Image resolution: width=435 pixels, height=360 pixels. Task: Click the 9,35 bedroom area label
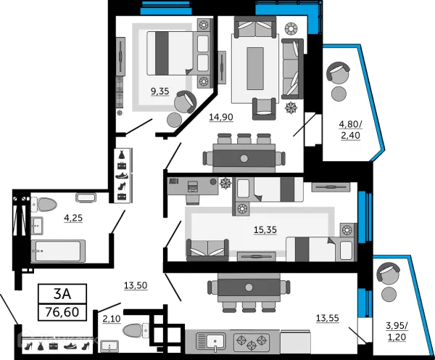159,91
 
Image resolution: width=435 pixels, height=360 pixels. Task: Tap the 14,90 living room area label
221,118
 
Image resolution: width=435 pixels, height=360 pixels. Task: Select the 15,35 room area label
265,230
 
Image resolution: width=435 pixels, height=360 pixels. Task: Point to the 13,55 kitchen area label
328,318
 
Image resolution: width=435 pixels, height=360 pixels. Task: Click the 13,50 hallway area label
136,285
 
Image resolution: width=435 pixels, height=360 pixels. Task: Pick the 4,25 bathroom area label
73,218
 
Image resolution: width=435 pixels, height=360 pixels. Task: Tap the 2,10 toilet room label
112,319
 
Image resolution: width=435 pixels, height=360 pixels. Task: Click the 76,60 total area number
62,312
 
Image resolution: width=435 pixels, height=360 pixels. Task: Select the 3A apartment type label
62,294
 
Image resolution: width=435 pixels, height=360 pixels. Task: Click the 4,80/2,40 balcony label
350,130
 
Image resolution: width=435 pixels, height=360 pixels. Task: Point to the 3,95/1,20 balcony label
397,332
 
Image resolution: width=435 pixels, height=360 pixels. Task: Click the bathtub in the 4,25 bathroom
58,251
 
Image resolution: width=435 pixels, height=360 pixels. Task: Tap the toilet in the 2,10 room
136,331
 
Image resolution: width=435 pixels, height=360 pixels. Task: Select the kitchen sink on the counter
211,341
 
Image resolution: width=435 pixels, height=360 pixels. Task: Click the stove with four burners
252,341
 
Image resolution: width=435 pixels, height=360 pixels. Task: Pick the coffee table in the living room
255,68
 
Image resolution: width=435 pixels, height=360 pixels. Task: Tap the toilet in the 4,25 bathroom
43,205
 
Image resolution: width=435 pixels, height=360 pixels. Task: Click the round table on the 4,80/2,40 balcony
339,94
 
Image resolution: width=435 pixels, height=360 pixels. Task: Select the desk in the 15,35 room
193,187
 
